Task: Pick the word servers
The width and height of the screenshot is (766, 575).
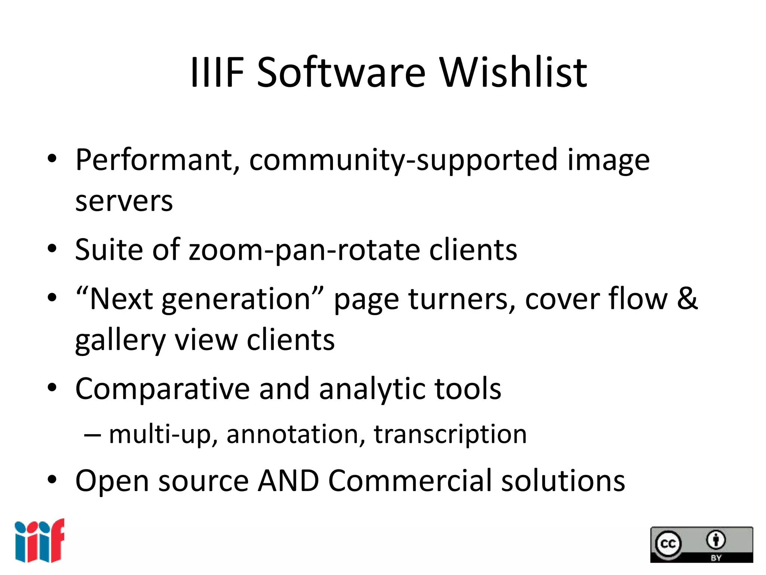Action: coord(124,201)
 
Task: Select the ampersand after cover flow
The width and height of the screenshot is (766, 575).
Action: coord(687,298)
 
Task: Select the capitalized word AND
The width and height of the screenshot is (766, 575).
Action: coord(288,481)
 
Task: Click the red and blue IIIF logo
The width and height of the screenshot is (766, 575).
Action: coord(40,541)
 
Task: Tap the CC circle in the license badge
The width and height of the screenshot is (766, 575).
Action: coord(668,544)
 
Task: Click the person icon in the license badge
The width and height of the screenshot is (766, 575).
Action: coord(716,540)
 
